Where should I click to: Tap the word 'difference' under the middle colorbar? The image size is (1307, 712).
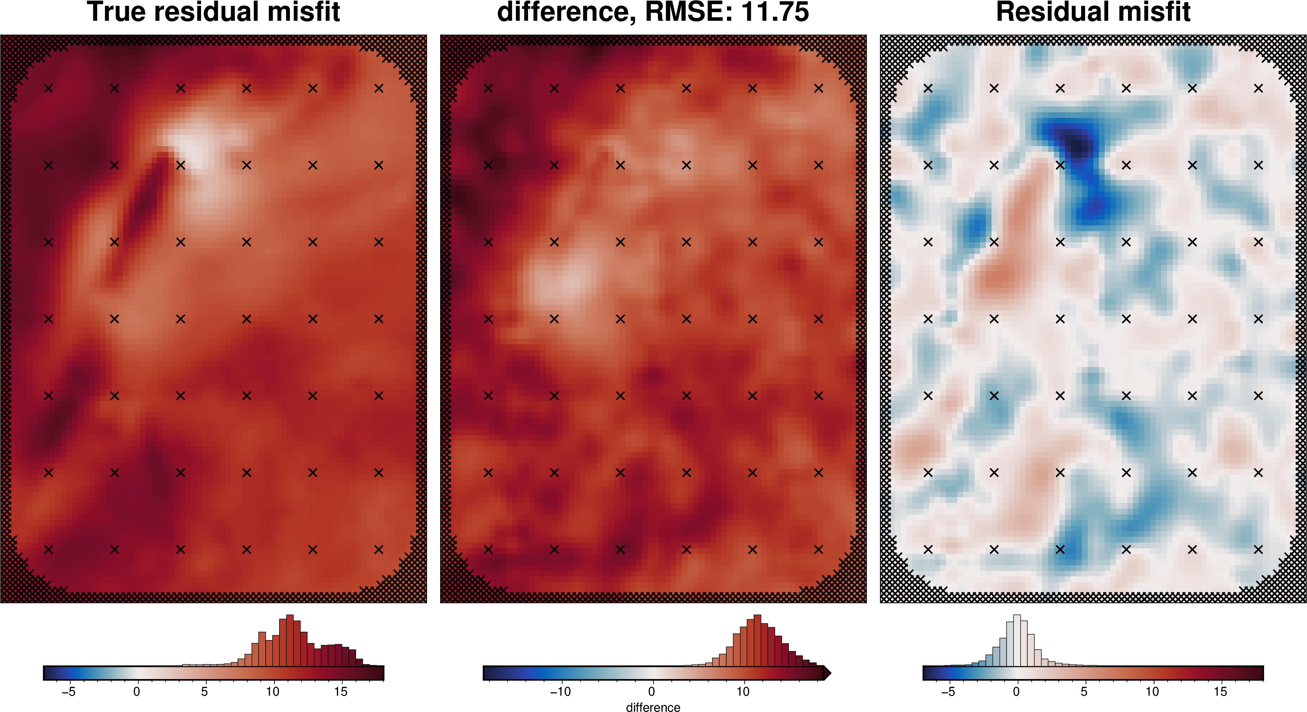tap(653, 707)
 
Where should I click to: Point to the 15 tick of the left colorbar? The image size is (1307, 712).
tap(340, 691)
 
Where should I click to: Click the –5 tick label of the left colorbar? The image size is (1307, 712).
tap(68, 691)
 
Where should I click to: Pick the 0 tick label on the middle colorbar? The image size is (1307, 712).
tap(651, 691)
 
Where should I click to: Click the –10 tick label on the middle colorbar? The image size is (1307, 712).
tap(560, 691)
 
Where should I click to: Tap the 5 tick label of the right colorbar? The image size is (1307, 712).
tap(1084, 691)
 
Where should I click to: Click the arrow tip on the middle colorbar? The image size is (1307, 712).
tap(828, 673)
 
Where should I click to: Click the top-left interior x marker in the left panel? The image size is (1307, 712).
tap(48, 88)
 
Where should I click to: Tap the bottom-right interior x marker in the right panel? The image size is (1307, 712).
tap(1258, 549)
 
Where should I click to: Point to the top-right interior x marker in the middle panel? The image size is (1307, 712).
tap(818, 88)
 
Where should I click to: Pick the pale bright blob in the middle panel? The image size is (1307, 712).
tap(558, 282)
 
